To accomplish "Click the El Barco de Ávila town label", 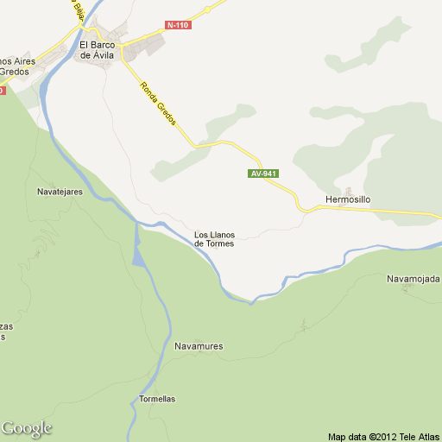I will (x=96, y=49).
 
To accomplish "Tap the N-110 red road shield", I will (x=177, y=24).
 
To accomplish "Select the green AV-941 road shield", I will (x=263, y=174).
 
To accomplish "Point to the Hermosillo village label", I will (x=348, y=199).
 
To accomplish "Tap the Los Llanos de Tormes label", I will (x=214, y=239).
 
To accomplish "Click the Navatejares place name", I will (x=60, y=192).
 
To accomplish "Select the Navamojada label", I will (x=414, y=279).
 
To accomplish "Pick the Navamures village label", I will (x=199, y=346).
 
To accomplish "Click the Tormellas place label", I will (x=157, y=399).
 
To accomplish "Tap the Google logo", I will (x=27, y=428).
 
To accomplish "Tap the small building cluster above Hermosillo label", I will (x=349, y=190).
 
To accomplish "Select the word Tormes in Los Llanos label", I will (x=221, y=244).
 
